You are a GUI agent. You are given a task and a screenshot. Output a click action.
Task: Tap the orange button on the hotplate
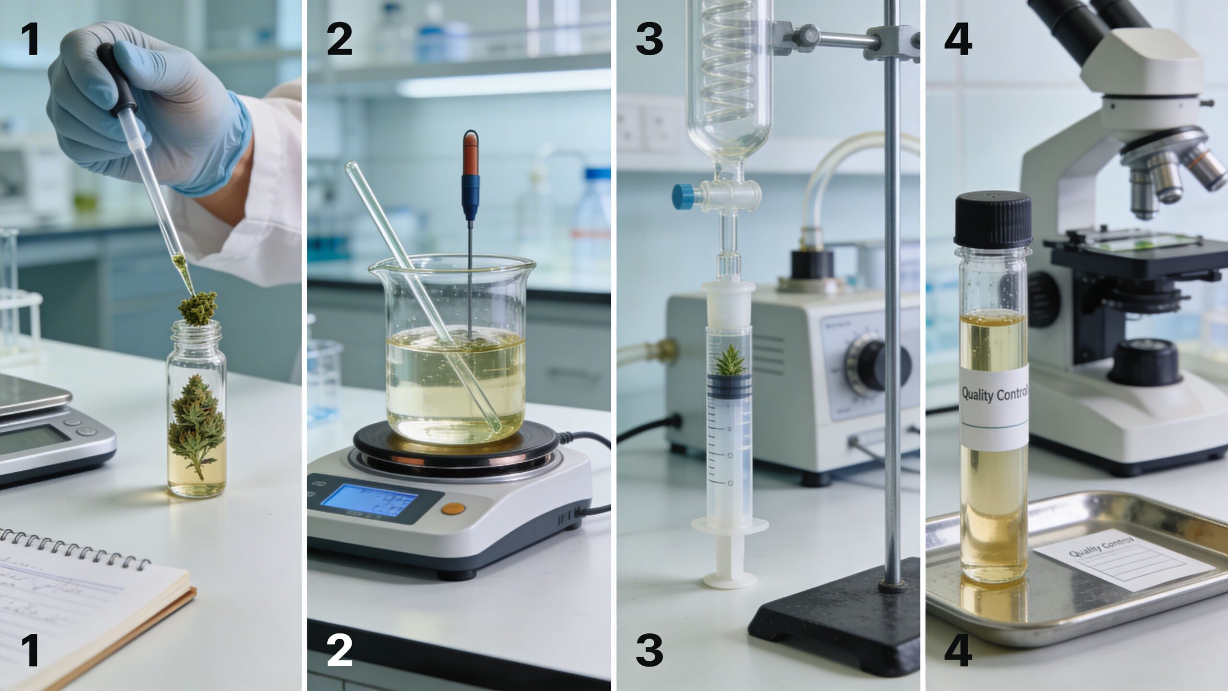tap(453, 508)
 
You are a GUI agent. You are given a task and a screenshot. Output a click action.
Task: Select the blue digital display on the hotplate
tap(368, 500)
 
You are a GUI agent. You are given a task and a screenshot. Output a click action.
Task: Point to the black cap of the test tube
tap(993, 219)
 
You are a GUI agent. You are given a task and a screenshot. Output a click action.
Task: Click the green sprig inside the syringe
tap(729, 360)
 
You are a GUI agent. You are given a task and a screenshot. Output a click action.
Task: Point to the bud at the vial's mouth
tap(198, 309)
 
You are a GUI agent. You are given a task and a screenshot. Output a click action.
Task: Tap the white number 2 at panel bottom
tap(339, 651)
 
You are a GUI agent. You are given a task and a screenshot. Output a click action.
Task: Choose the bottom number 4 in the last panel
tap(958, 651)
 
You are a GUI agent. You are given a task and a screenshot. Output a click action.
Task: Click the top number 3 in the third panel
tap(649, 39)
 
